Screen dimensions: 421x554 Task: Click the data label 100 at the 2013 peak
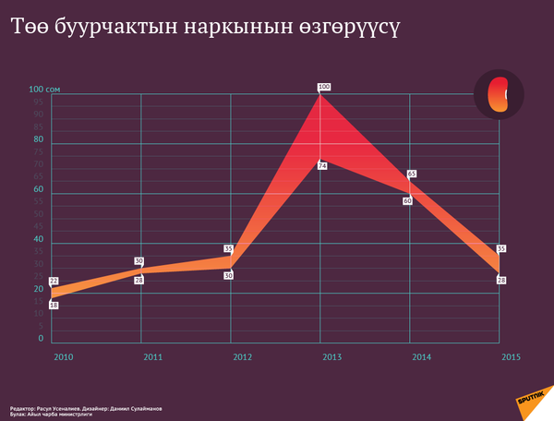coord(323,87)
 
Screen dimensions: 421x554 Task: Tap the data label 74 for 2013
coord(322,166)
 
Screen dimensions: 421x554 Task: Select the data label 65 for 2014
coord(412,174)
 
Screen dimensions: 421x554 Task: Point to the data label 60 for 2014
coord(407,200)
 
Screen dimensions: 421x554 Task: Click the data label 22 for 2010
coord(54,281)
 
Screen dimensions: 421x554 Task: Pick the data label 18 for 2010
coord(54,305)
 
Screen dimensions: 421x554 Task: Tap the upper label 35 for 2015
coord(501,248)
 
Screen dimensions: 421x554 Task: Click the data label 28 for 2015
coord(501,280)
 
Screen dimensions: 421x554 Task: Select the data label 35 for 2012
coord(228,248)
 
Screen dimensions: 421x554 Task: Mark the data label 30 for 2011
coord(138,261)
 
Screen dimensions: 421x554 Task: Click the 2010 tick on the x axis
coord(63,356)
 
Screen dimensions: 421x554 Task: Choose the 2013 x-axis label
coord(331,356)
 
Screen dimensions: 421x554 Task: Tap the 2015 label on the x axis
coord(510,355)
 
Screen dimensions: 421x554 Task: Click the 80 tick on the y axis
coord(39,139)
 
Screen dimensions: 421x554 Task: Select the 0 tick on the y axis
coord(41,339)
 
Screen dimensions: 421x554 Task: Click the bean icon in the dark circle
coord(499,94)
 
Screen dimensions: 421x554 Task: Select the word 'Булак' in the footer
coord(19,414)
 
